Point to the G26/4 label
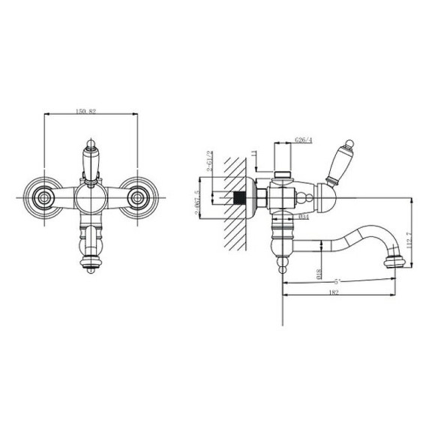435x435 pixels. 304,139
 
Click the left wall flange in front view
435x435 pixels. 43,199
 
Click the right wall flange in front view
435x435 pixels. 139,199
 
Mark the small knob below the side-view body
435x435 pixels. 282,265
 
